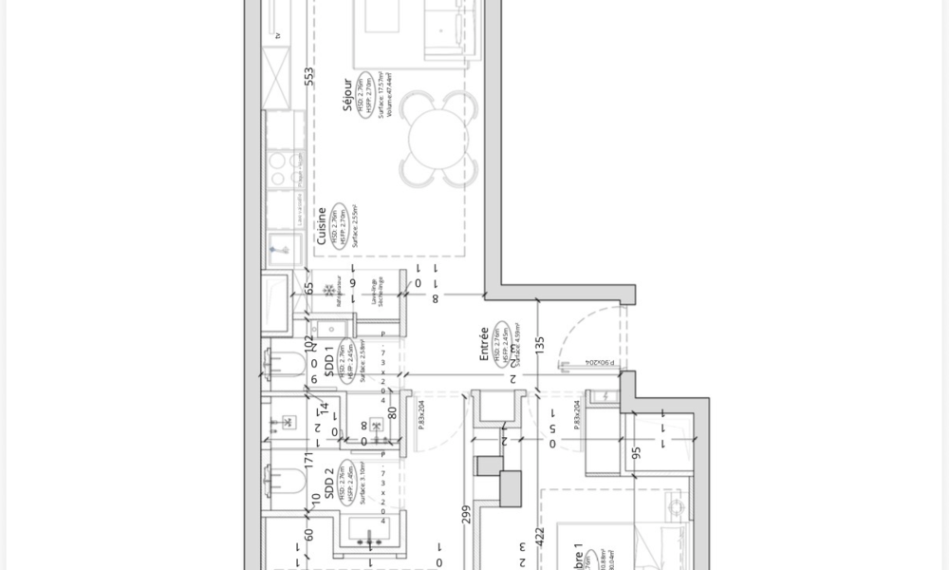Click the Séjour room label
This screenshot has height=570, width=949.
348,96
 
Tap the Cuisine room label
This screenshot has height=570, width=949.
323,226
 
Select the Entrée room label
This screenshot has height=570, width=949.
484,344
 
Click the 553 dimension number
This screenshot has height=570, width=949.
308,77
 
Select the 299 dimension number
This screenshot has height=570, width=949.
466,514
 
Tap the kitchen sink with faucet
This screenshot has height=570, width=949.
282,249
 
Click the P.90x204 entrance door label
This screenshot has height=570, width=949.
599,363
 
